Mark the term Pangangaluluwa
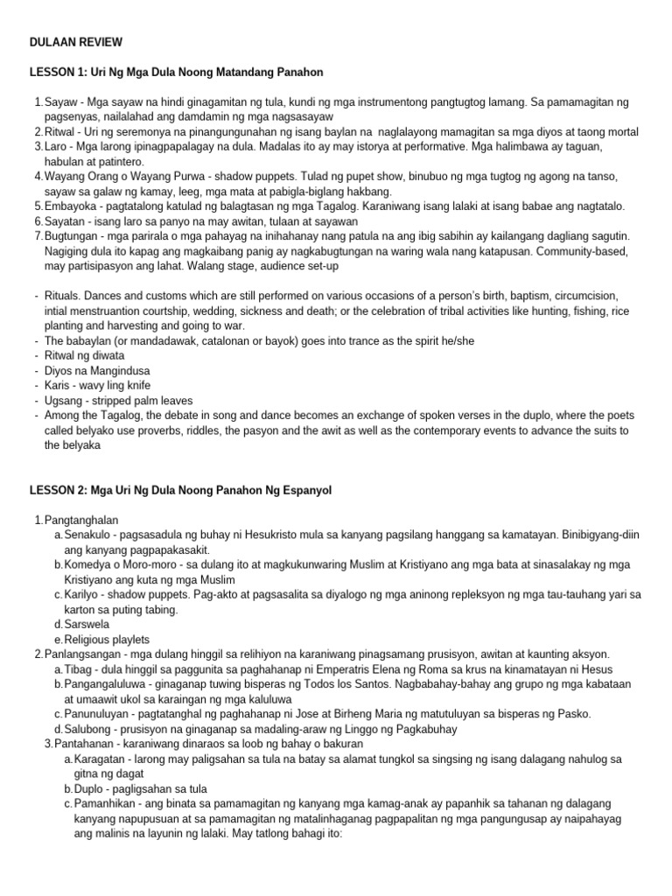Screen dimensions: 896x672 108,684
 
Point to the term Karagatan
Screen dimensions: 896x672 102,759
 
